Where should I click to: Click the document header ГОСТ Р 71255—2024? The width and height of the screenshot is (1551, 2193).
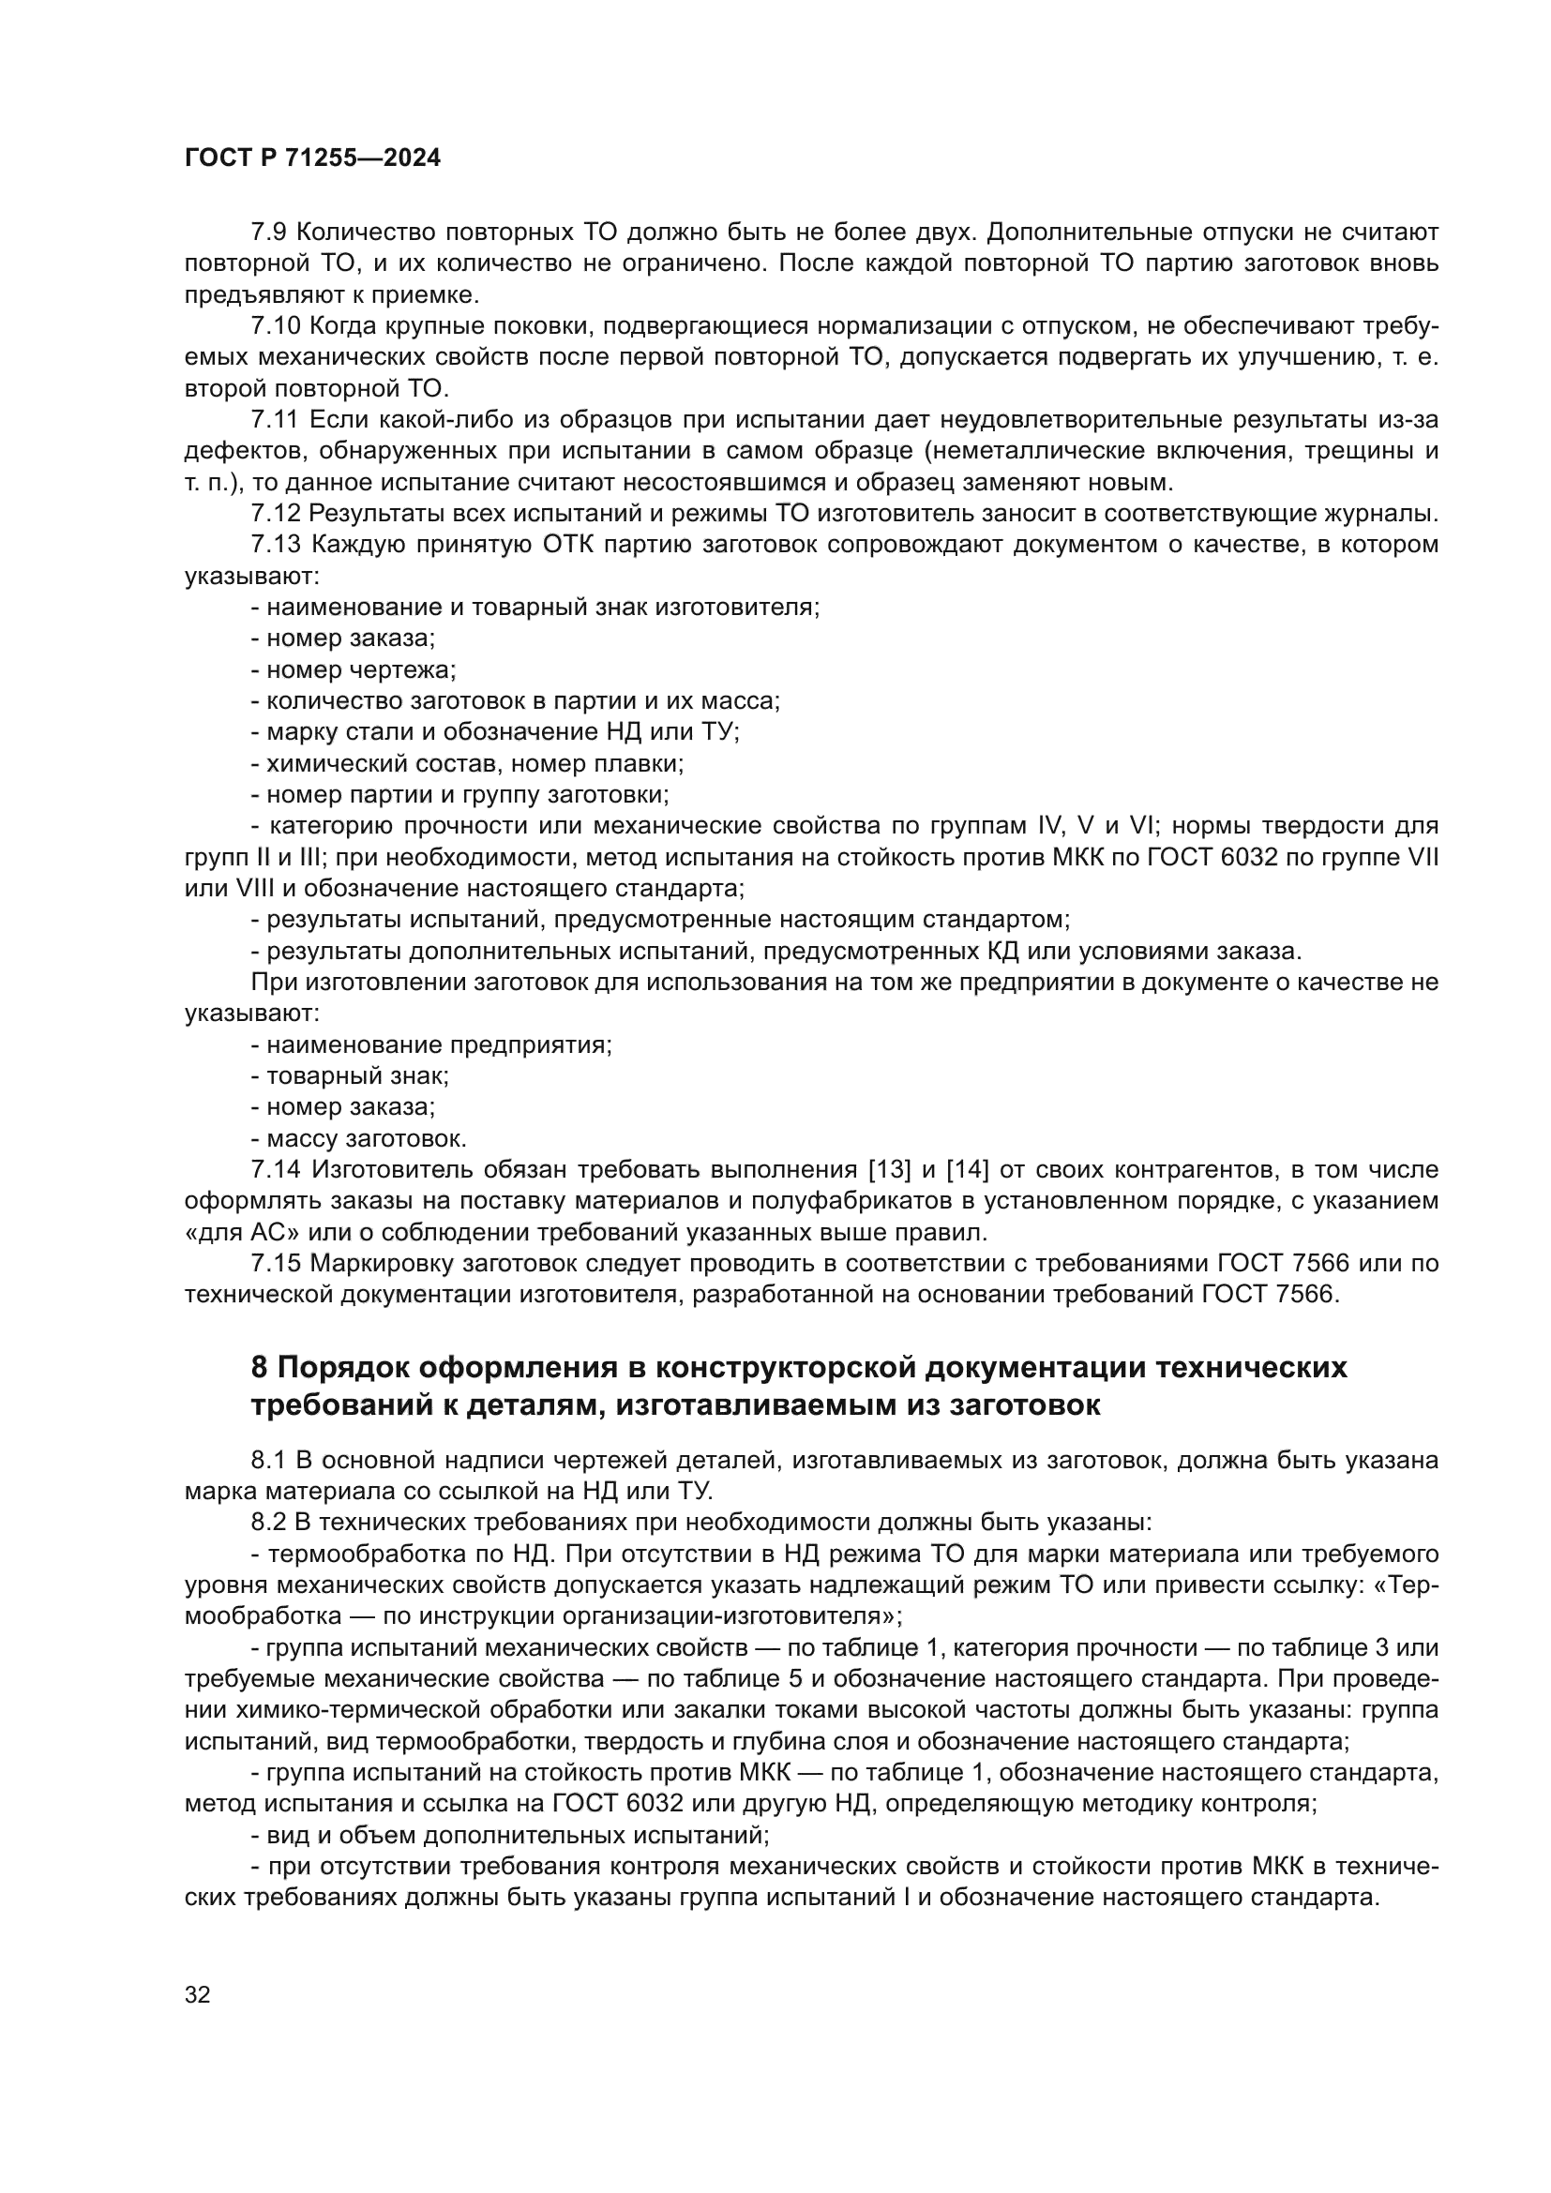pos(312,158)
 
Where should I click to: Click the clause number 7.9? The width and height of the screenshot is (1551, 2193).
pos(269,233)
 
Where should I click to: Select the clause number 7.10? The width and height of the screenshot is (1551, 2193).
pos(275,326)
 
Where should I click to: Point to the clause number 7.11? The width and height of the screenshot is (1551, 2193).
pos(275,420)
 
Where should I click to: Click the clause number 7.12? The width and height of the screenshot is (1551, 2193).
pos(275,514)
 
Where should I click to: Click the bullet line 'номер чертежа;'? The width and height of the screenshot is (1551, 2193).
pos(354,670)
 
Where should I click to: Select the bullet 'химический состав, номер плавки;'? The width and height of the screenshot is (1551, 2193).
pos(468,764)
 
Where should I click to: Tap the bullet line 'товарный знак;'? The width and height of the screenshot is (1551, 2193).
pos(350,1076)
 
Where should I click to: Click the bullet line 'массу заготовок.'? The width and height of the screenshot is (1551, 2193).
pos(358,1139)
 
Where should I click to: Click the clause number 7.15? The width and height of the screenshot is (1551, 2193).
pos(275,1264)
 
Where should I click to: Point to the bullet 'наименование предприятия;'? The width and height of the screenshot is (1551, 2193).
pos(431,1044)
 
